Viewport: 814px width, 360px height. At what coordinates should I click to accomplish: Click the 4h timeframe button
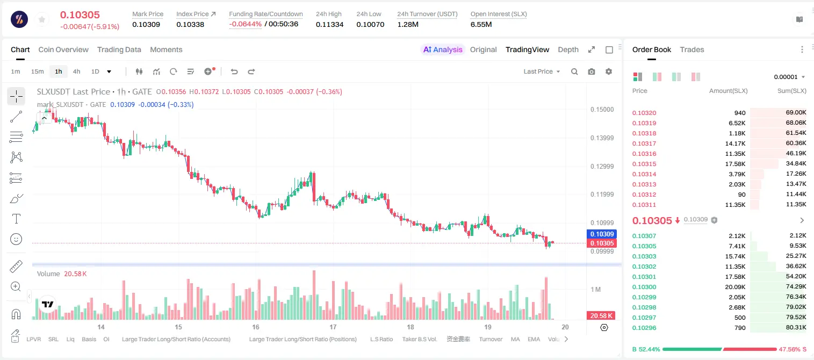[x=76, y=71]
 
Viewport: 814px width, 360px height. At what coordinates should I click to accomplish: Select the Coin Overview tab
[x=63, y=49]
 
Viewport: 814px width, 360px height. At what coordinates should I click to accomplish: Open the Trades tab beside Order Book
[x=692, y=49]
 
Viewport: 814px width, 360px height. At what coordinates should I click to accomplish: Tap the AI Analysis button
[x=443, y=49]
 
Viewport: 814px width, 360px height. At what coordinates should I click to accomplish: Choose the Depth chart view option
[x=568, y=49]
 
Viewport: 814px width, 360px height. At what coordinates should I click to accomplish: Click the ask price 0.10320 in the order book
[x=644, y=113]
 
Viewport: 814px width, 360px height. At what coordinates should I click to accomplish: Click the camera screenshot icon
[x=592, y=71]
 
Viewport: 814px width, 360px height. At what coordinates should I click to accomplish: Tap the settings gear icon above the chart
[x=609, y=71]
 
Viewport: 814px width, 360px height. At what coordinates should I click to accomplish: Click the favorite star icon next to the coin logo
[x=42, y=19]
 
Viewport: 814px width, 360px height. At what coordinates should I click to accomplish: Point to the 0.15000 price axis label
[x=602, y=110]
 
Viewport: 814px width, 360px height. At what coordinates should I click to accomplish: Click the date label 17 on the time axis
[x=333, y=327]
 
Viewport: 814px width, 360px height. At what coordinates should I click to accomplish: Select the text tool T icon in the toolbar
[x=16, y=219]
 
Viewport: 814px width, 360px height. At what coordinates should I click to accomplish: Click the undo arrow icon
[x=234, y=71]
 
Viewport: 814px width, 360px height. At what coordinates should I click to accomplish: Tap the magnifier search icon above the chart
[x=574, y=71]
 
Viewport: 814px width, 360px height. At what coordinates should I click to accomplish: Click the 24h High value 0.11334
[x=329, y=24]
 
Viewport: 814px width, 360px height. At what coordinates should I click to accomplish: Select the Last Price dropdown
[x=542, y=71]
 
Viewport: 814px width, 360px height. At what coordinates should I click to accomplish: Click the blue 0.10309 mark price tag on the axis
[x=602, y=234]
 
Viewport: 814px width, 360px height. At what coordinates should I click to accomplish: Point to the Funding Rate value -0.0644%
[x=246, y=24]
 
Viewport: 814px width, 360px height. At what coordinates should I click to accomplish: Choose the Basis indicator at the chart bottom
[x=89, y=339]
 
